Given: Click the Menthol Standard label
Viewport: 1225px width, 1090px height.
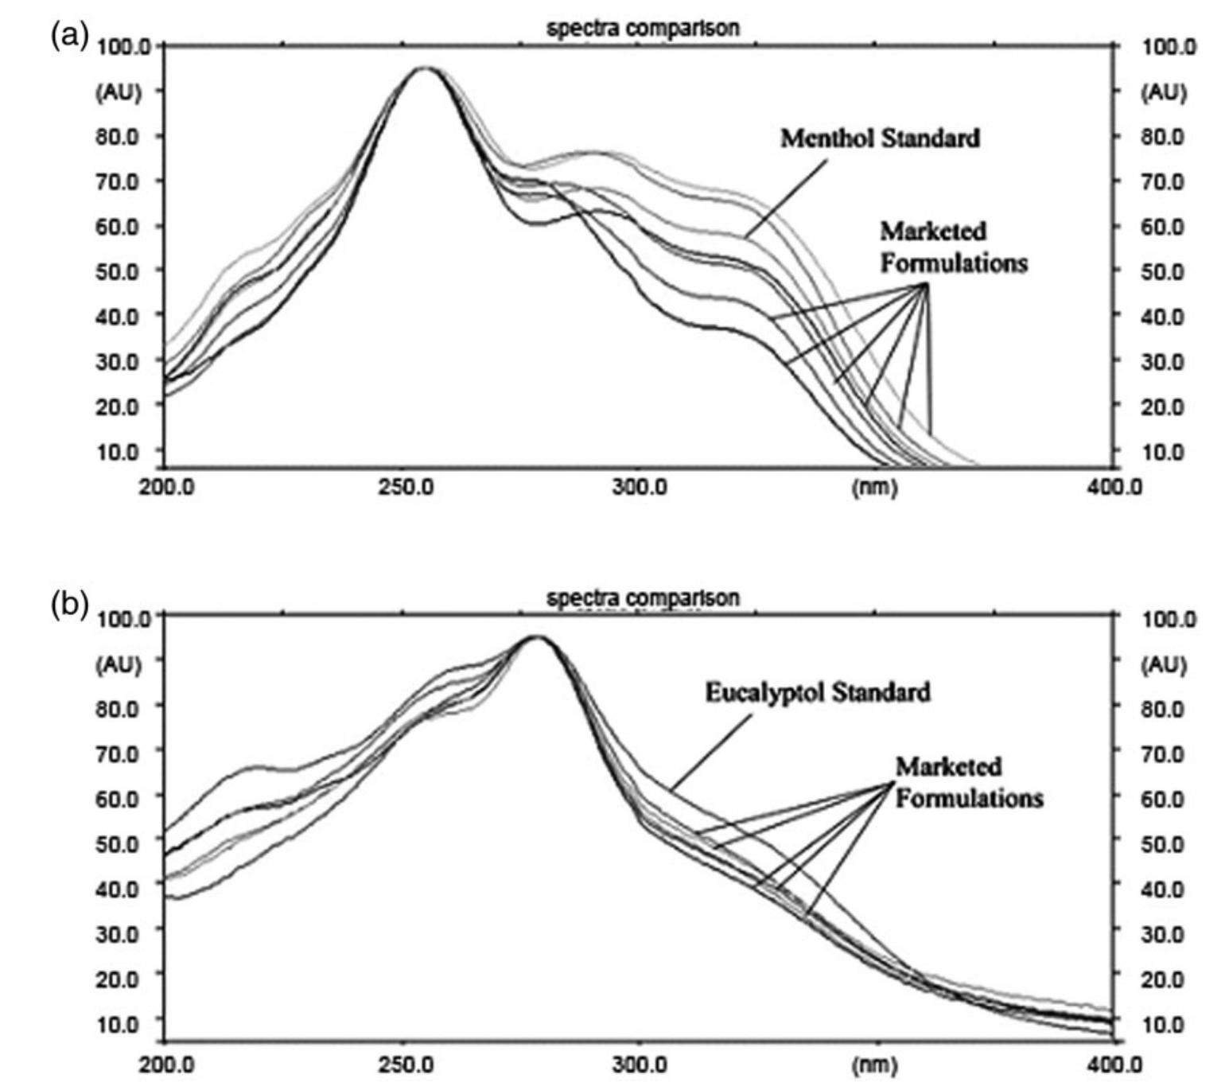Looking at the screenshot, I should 879,138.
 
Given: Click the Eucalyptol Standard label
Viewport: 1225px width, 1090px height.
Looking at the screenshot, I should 818,692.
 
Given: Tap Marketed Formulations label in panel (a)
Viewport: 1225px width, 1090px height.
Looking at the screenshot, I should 953,247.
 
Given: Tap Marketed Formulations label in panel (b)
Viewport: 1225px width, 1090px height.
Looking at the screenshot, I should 968,782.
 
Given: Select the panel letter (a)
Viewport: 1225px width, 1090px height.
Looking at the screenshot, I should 68,36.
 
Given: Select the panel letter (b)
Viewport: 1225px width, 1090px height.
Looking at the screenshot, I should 68,605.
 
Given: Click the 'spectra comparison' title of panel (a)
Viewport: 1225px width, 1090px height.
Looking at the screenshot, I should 643,29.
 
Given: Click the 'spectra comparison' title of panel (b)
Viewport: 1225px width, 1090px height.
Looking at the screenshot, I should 643,598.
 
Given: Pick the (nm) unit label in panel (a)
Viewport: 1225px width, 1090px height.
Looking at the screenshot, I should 874,487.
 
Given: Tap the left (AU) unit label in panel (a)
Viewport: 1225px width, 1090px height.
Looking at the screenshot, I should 119,92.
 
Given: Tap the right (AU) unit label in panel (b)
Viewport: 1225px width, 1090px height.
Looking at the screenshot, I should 1164,664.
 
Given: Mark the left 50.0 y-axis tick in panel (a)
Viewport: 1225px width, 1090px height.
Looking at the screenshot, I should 118,271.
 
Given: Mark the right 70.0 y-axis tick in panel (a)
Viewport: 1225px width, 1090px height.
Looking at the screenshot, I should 1163,182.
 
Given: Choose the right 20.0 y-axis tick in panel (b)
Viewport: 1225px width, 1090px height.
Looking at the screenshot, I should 1163,979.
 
